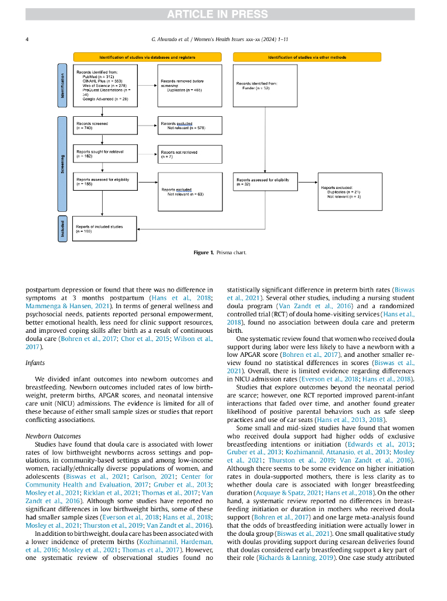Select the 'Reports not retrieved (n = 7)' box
(190, 154)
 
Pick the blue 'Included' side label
(63, 229)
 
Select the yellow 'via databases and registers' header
(147, 58)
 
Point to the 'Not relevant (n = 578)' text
(186, 128)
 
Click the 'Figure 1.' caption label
(203, 252)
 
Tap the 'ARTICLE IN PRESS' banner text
(223, 14)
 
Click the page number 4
(28, 39)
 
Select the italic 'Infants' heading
(35, 363)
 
